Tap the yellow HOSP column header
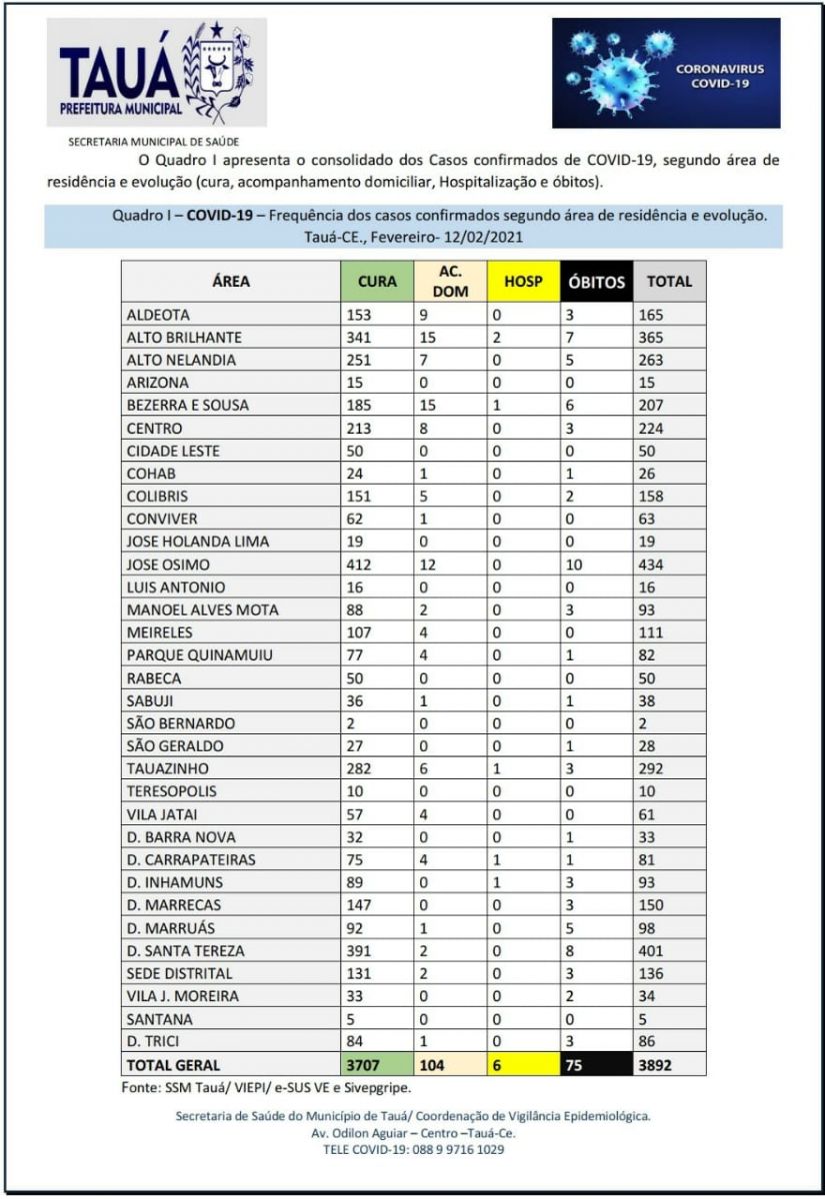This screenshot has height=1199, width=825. (523, 282)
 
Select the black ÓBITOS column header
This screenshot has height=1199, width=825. (597, 282)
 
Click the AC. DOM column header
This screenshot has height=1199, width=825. (449, 282)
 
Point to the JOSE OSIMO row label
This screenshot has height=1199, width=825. (168, 565)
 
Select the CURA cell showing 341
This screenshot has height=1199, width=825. (358, 338)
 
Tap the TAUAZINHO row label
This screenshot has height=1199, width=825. (165, 768)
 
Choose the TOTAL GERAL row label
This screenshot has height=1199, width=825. (174, 1065)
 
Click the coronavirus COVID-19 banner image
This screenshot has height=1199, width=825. (666, 73)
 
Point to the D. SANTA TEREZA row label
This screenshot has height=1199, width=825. (186, 950)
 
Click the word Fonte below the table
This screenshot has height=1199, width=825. (140, 1086)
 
